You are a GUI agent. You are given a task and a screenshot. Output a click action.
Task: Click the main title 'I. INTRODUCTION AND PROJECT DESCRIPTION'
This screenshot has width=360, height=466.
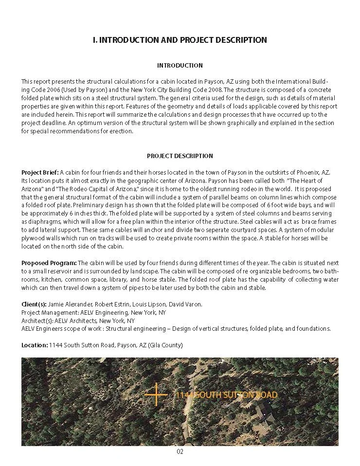tap(180, 40)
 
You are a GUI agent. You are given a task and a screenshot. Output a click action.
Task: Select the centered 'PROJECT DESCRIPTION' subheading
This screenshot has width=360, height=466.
tap(180, 156)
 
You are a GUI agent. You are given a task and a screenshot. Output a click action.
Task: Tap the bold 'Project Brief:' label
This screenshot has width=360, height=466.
tap(40, 172)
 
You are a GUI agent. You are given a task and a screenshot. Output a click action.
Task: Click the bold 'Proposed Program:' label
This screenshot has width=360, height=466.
tap(49, 263)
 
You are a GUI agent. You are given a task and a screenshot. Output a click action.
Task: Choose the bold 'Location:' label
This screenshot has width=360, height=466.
tap(35, 345)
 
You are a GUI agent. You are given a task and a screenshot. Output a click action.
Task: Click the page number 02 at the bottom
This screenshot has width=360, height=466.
tap(180, 451)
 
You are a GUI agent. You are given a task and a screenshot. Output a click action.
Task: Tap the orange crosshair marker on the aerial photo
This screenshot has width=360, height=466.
tap(156, 394)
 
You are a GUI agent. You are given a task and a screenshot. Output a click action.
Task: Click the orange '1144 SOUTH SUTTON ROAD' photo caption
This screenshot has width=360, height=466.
tap(226, 395)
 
